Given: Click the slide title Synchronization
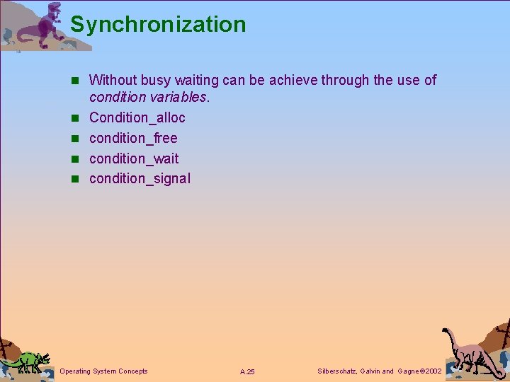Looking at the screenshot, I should coord(158,24).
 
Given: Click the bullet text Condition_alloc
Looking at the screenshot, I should coord(137,117).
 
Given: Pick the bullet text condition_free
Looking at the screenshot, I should coord(133,138).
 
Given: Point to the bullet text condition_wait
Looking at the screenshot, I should coord(134,158).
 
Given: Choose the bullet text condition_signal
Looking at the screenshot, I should coord(140,178).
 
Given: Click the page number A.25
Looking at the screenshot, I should coord(247,371).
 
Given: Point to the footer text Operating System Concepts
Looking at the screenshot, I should coord(104,371).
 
